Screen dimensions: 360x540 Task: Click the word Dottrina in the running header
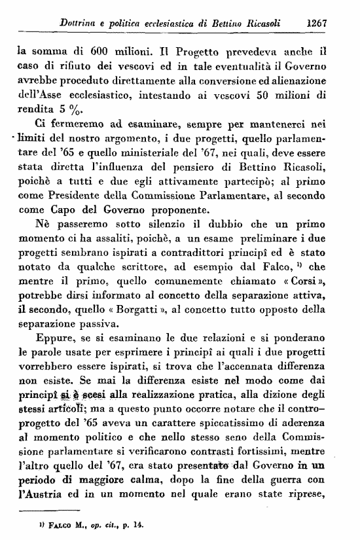coord(80,22)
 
